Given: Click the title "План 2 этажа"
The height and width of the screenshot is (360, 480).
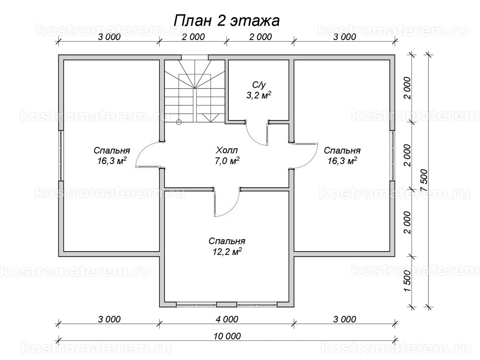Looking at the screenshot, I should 227,20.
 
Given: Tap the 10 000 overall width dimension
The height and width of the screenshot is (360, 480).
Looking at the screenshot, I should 227,336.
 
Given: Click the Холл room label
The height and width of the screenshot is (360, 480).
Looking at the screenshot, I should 227,151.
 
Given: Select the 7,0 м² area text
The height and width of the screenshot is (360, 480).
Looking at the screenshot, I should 227,161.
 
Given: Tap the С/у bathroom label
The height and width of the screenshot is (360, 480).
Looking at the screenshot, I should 258,84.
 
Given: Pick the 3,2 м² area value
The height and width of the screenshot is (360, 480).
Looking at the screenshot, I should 258,95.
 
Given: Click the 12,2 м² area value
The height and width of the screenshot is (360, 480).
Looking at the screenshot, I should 227,252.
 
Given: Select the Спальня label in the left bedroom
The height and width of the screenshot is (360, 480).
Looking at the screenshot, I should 112,151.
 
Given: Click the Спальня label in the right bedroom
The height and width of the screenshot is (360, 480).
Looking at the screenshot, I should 342,151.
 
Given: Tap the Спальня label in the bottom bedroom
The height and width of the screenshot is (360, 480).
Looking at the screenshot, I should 227,241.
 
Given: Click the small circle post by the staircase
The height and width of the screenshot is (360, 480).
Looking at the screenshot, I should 179,122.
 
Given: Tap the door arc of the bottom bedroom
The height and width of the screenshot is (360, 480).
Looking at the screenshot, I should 230,206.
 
